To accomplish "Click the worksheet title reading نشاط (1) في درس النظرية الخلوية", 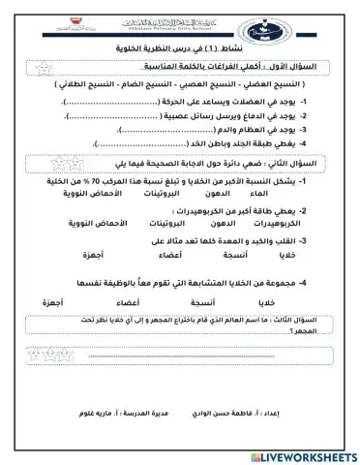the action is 198,46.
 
